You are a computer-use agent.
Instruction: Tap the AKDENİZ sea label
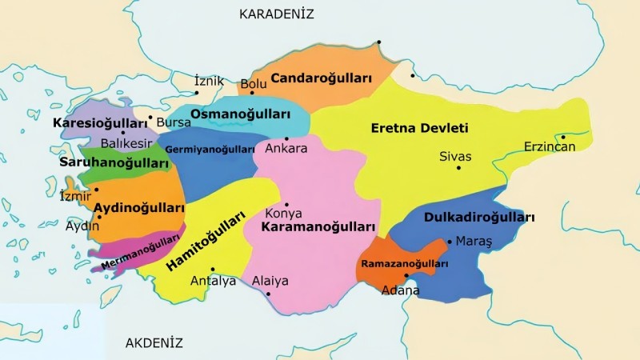154,343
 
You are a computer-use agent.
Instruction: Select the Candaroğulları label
322,78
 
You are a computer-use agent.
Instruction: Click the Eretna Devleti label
419,128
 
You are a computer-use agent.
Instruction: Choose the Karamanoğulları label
318,227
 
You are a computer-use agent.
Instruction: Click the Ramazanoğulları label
404,263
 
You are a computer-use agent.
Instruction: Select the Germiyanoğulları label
210,150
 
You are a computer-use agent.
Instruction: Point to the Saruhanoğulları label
115,162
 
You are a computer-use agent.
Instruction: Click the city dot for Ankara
286,138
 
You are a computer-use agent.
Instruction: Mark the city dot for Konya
286,204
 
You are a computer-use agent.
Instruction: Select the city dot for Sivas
458,168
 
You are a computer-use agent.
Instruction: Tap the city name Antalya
213,282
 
